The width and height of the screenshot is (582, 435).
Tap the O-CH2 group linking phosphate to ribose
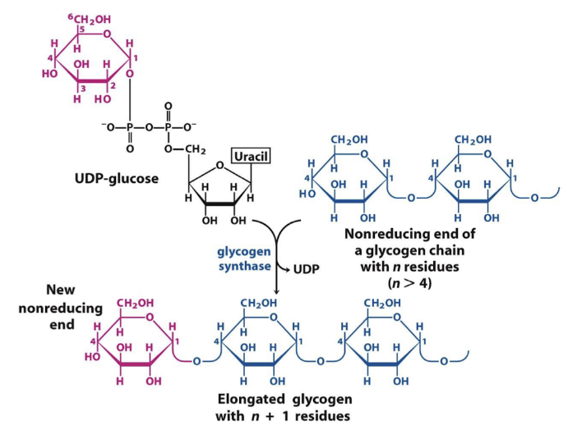coord(185,148)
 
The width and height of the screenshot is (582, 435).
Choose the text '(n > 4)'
coord(412,282)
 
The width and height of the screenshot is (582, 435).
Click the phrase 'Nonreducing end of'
coord(412,233)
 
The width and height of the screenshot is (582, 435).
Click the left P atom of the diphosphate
coord(130,127)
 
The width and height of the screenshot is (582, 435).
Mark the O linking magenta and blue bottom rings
coord(197,360)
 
